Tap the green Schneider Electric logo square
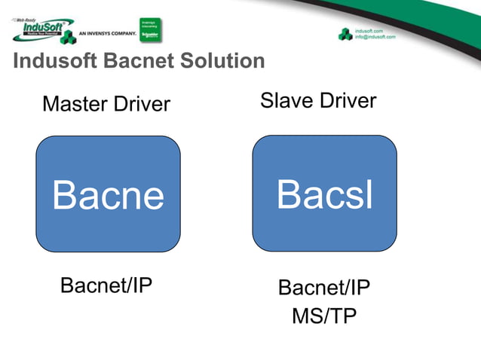[151, 29]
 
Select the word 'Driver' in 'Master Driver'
[141, 103]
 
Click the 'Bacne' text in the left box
[108, 196]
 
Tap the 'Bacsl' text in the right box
[324, 194]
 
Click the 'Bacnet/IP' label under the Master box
[106, 285]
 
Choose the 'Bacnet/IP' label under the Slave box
[324, 288]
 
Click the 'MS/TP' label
[324, 316]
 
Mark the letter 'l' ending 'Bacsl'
[369, 194]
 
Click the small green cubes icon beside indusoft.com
[345, 33]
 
